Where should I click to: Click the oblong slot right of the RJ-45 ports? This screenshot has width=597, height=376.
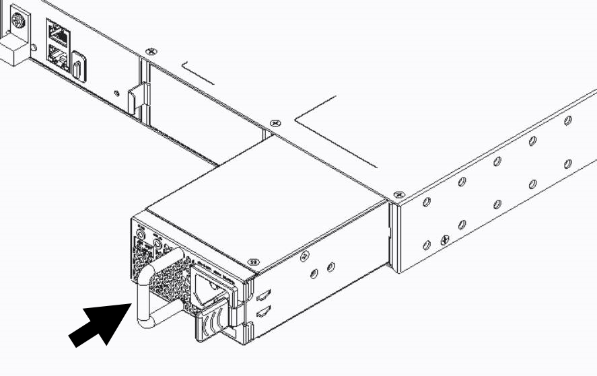tap(79, 67)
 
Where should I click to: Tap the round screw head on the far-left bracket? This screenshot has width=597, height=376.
tap(15, 21)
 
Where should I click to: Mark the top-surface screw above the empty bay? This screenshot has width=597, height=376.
tap(151, 50)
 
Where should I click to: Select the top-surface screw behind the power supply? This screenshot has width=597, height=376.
tap(274, 123)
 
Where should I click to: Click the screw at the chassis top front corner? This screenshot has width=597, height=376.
tap(398, 195)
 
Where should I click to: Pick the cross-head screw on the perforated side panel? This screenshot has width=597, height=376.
tap(444, 239)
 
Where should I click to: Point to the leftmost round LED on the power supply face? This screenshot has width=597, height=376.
tap(140, 231)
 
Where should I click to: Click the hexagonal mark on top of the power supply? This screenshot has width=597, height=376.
tap(254, 262)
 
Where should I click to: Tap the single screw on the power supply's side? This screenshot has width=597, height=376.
tap(304, 255)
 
